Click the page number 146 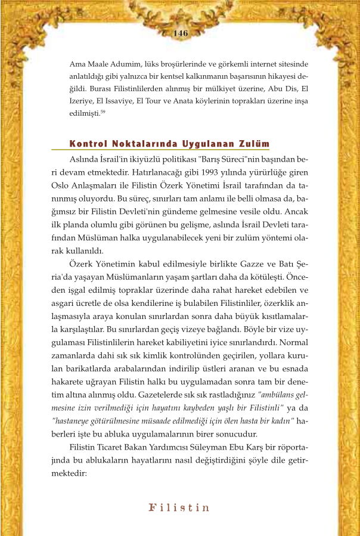(x=181, y=33)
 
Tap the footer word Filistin (x=179, y=508)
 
